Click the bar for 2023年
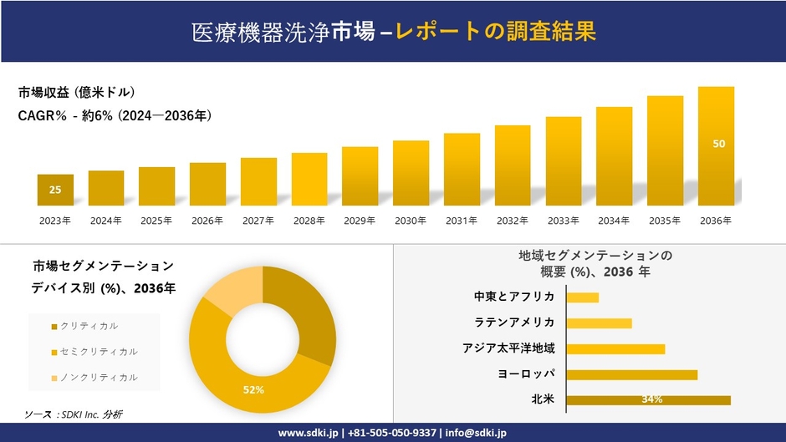point(55,190)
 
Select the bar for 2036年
point(716,146)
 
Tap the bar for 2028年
point(309,179)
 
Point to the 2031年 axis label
point(462,221)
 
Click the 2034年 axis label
point(614,221)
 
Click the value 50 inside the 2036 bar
point(718,144)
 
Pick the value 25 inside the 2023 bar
point(55,190)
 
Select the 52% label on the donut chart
point(253,389)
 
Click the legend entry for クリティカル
point(89,326)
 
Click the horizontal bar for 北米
point(648,399)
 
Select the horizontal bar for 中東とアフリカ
point(583,297)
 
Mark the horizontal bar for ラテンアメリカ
point(599,323)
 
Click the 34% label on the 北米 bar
point(652,399)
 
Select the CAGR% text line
point(115,116)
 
